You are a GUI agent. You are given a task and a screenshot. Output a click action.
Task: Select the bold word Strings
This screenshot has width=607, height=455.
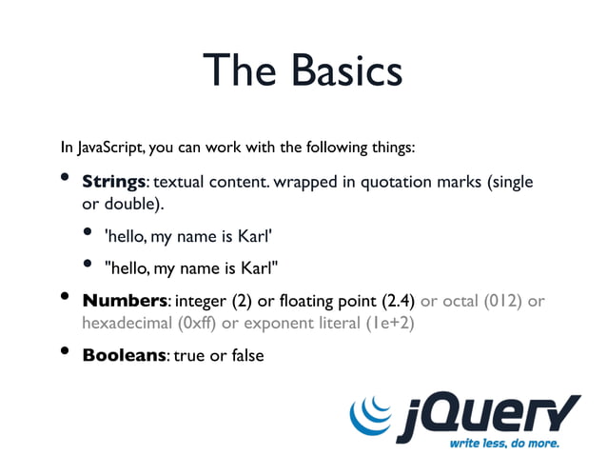point(113,182)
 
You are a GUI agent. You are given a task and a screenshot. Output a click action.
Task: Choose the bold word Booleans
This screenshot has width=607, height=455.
point(124,356)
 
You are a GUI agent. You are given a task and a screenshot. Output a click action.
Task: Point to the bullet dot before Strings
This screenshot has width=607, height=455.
point(66,178)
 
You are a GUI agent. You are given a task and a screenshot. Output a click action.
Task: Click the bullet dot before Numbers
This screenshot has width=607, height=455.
point(66,298)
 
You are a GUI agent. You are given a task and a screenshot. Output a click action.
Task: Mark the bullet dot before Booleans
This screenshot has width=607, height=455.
point(66,352)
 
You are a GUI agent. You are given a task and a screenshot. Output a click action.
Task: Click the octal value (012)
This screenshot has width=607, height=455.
point(501,302)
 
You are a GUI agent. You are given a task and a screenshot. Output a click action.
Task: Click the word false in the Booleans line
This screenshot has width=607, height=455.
point(245,356)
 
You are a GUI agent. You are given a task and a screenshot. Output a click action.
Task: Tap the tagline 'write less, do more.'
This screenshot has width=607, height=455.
point(503,443)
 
